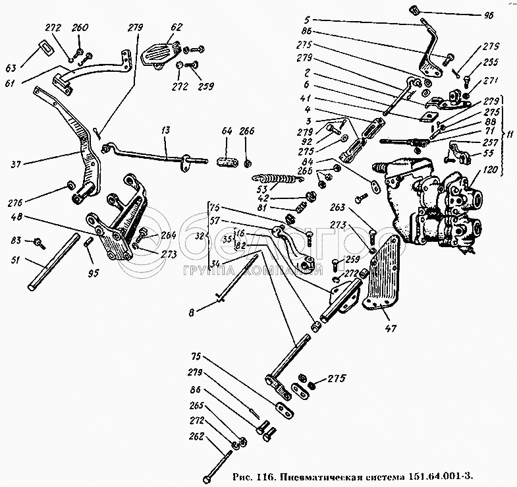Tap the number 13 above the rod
click(x=164, y=132)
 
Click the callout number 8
click(x=192, y=314)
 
